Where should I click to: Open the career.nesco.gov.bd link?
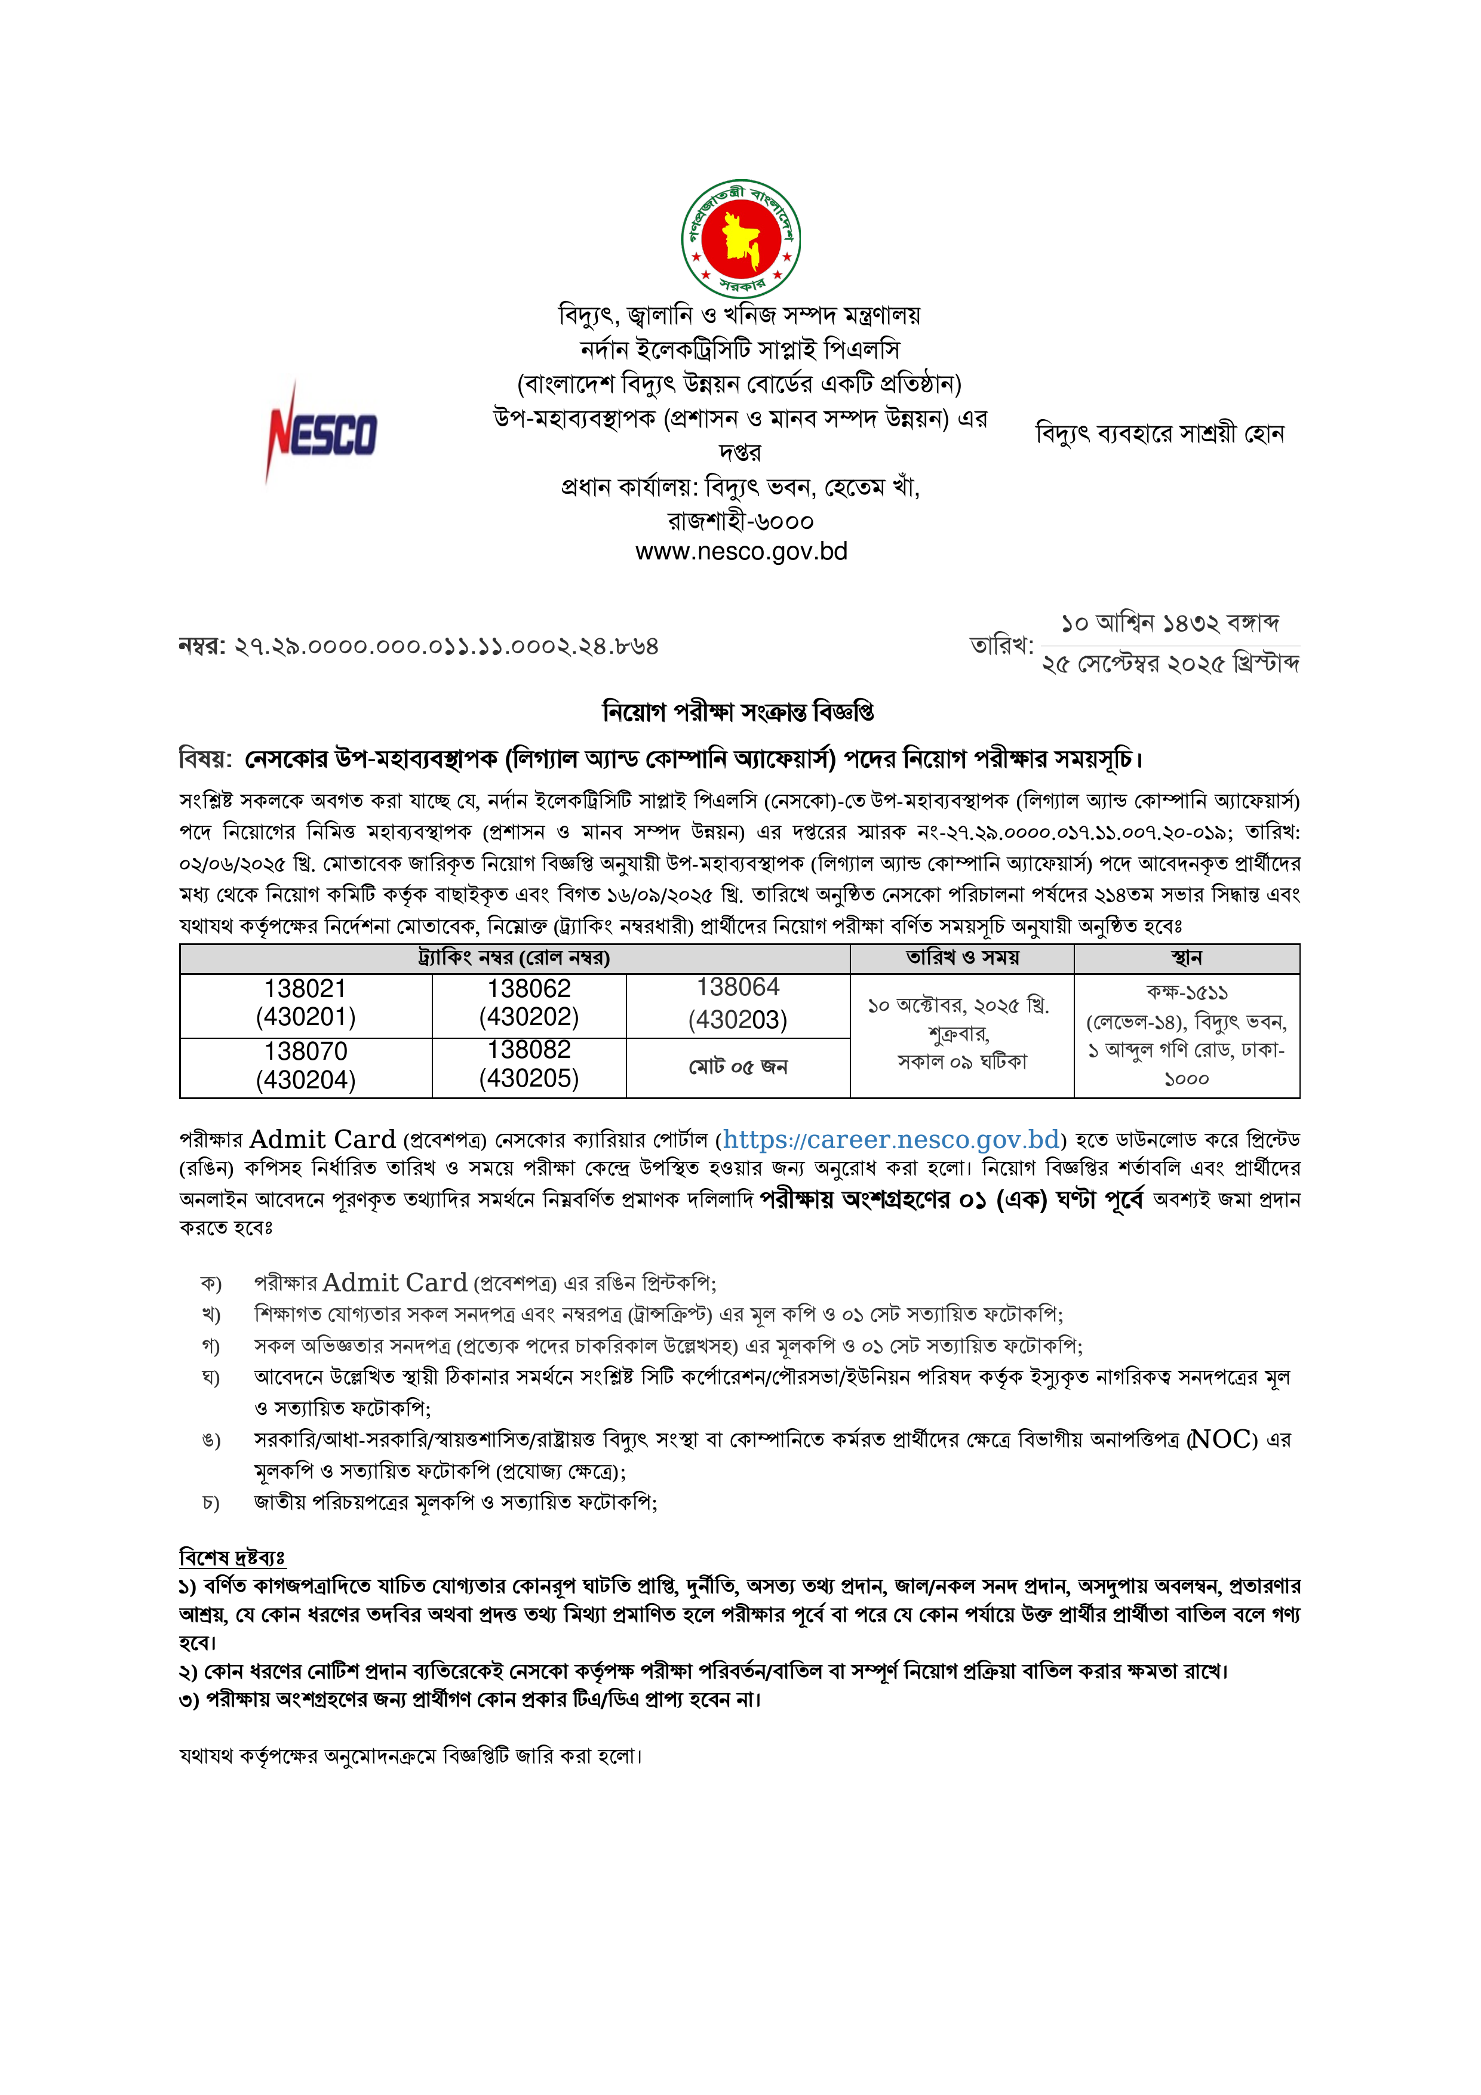click(892, 1140)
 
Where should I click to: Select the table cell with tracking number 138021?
click(306, 1003)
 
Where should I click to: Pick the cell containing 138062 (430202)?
click(529, 1003)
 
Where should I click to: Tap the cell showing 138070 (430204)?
click(306, 1066)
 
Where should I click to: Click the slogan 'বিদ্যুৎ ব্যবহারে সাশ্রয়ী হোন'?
click(1160, 433)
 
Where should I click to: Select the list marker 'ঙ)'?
click(211, 1440)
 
